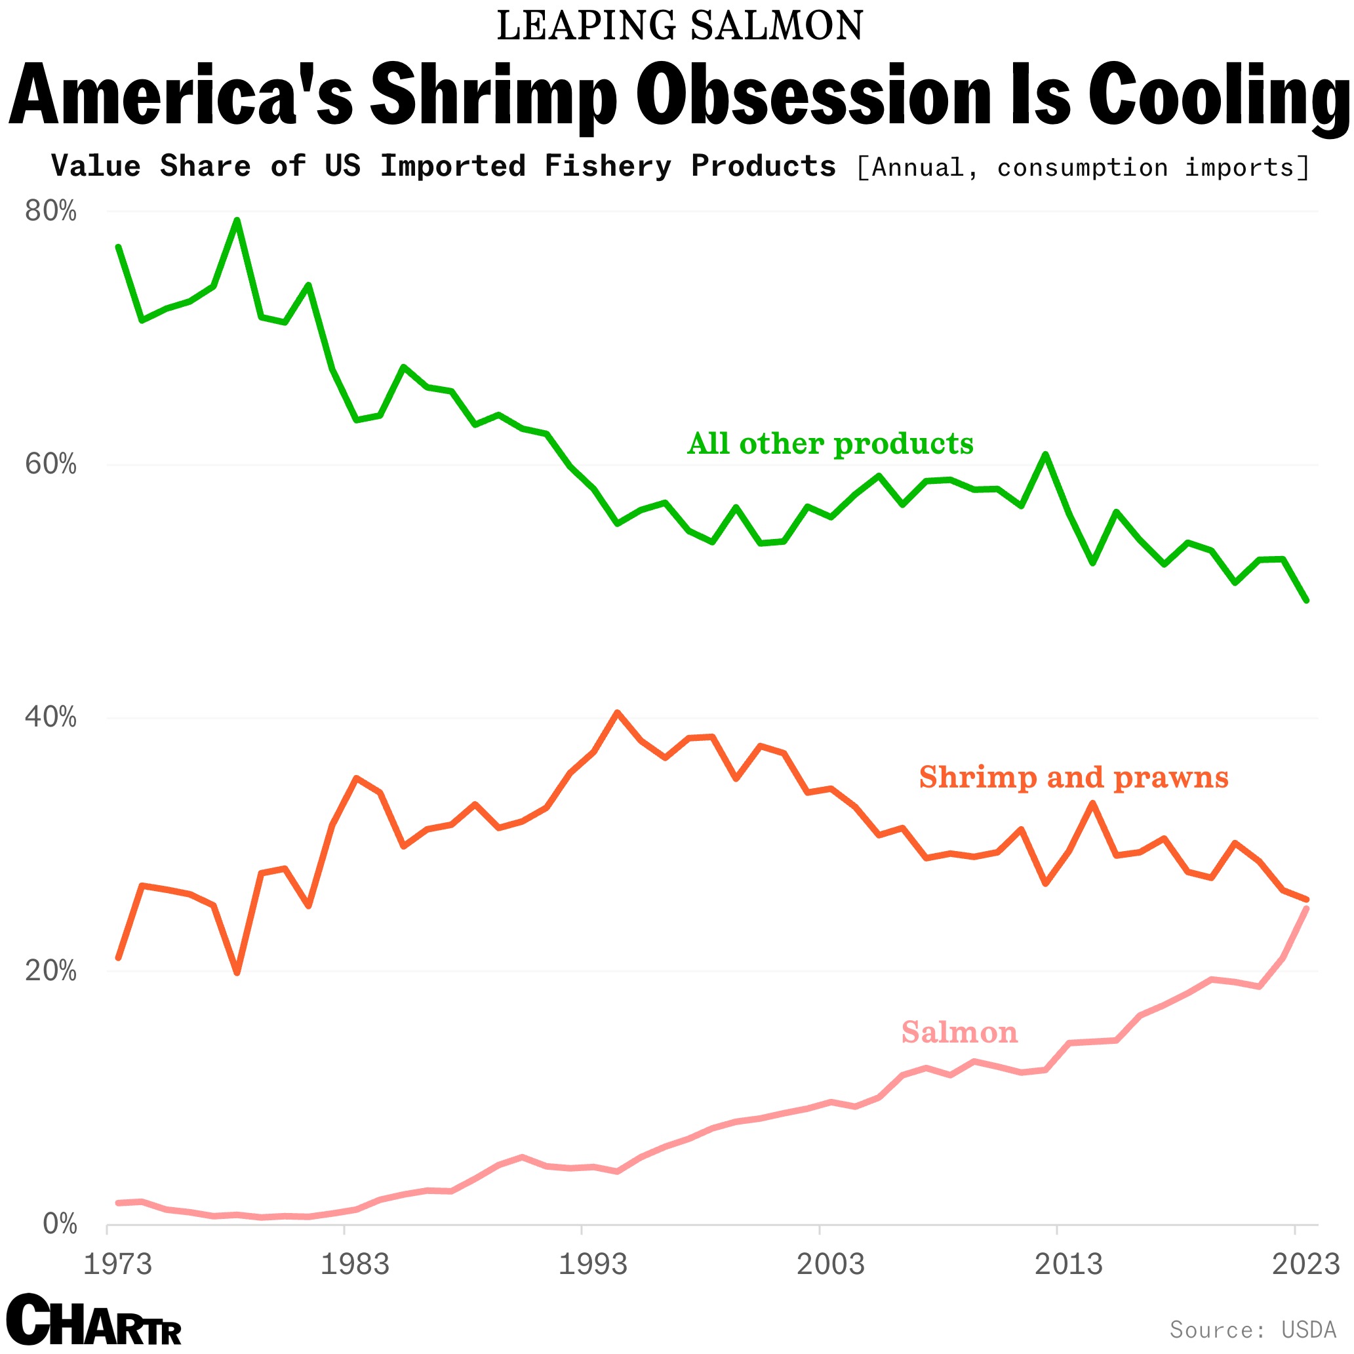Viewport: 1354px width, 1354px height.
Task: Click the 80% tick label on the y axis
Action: pos(50,211)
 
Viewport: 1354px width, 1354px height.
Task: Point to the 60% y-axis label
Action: pos(50,464)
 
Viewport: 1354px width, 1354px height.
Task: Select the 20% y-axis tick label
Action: pos(50,970)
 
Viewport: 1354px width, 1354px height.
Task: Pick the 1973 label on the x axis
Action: pos(118,1264)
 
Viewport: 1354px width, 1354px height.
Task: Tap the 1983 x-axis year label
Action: pos(355,1264)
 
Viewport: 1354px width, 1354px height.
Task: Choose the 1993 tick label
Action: pos(593,1264)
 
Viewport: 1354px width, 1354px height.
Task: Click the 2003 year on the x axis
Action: pos(831,1264)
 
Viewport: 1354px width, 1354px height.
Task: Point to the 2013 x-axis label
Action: pos(1068,1264)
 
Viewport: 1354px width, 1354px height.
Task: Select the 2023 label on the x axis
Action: pos(1305,1264)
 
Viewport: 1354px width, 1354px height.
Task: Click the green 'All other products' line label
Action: pos(830,444)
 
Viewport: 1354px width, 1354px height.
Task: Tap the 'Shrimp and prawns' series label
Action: pos(1073,777)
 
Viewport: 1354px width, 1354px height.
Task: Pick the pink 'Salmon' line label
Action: pos(959,1032)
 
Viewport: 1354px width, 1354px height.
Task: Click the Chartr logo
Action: pos(94,1320)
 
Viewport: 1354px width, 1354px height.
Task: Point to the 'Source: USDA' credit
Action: pos(1252,1330)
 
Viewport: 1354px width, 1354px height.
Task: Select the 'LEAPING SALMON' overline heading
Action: pos(679,26)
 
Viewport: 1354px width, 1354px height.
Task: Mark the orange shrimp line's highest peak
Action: pos(617,713)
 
